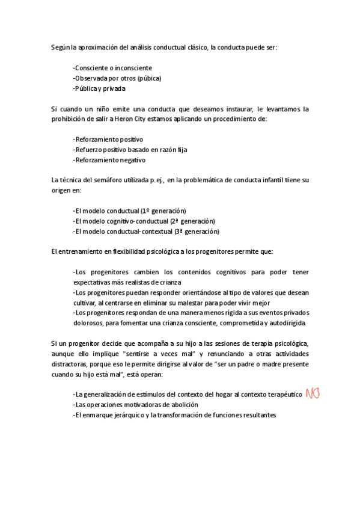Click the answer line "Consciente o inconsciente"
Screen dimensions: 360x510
(112, 68)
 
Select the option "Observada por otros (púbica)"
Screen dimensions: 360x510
(117, 78)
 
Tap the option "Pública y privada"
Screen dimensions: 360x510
(99, 88)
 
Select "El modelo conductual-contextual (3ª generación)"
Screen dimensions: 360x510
(146, 232)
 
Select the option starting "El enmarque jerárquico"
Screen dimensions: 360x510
(174, 415)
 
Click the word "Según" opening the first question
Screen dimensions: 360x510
(60, 47)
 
